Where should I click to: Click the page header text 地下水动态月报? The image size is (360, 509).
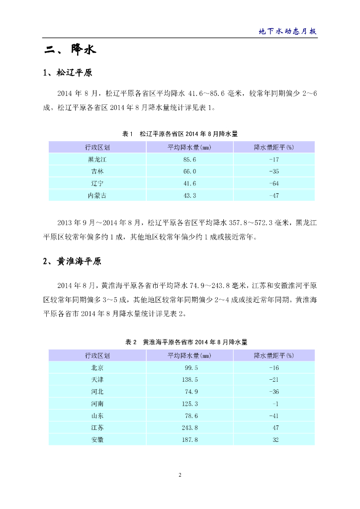[x=288, y=31]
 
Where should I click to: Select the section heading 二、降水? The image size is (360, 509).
[x=69, y=50]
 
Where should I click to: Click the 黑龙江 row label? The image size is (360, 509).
[x=97, y=160]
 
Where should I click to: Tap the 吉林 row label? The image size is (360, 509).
[x=97, y=171]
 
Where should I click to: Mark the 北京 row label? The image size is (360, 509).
[x=97, y=368]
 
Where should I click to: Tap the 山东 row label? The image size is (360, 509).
[x=97, y=416]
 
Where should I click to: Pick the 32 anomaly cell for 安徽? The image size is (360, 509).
[x=275, y=439]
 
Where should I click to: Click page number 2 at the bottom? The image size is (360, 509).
[x=180, y=475]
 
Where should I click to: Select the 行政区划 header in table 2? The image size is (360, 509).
[x=97, y=355]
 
